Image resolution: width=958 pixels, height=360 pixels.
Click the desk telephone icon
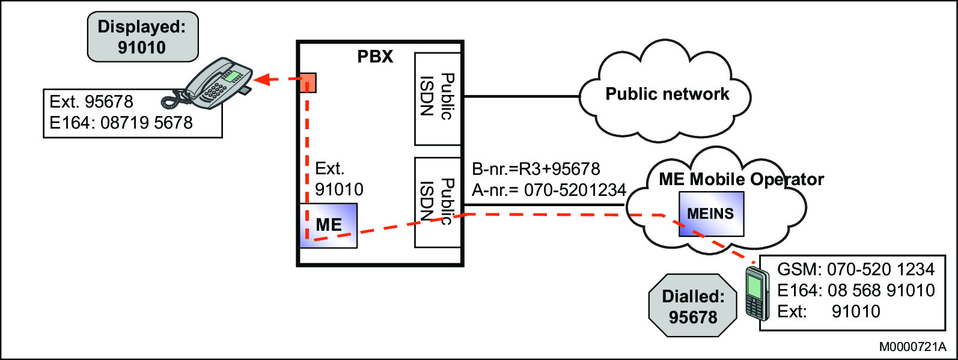point(213,84)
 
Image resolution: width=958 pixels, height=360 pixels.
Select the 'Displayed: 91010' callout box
point(142,37)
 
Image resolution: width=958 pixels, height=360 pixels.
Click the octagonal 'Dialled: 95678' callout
point(693,306)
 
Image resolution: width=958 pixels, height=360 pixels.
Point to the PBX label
point(375,56)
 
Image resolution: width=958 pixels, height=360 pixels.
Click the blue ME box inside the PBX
point(329,225)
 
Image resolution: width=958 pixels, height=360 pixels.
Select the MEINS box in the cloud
point(711,214)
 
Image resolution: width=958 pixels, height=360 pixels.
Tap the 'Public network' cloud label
point(667,94)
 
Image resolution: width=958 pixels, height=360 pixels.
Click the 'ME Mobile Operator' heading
point(740,179)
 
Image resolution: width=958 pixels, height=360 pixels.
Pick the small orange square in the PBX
point(308,82)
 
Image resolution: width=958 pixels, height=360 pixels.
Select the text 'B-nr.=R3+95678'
point(535,169)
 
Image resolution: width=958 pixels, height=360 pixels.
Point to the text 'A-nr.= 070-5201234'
point(549,191)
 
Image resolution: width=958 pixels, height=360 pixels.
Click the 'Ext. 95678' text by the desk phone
point(91,102)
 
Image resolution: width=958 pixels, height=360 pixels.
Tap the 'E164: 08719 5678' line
point(121,123)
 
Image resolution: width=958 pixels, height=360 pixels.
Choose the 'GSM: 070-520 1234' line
point(856,269)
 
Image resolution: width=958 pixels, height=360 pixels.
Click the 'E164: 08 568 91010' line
point(856,290)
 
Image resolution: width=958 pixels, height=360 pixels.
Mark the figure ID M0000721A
point(912,347)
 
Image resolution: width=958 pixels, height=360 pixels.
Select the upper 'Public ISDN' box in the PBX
point(438,99)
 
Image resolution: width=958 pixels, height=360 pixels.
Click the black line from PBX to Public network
point(520,96)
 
